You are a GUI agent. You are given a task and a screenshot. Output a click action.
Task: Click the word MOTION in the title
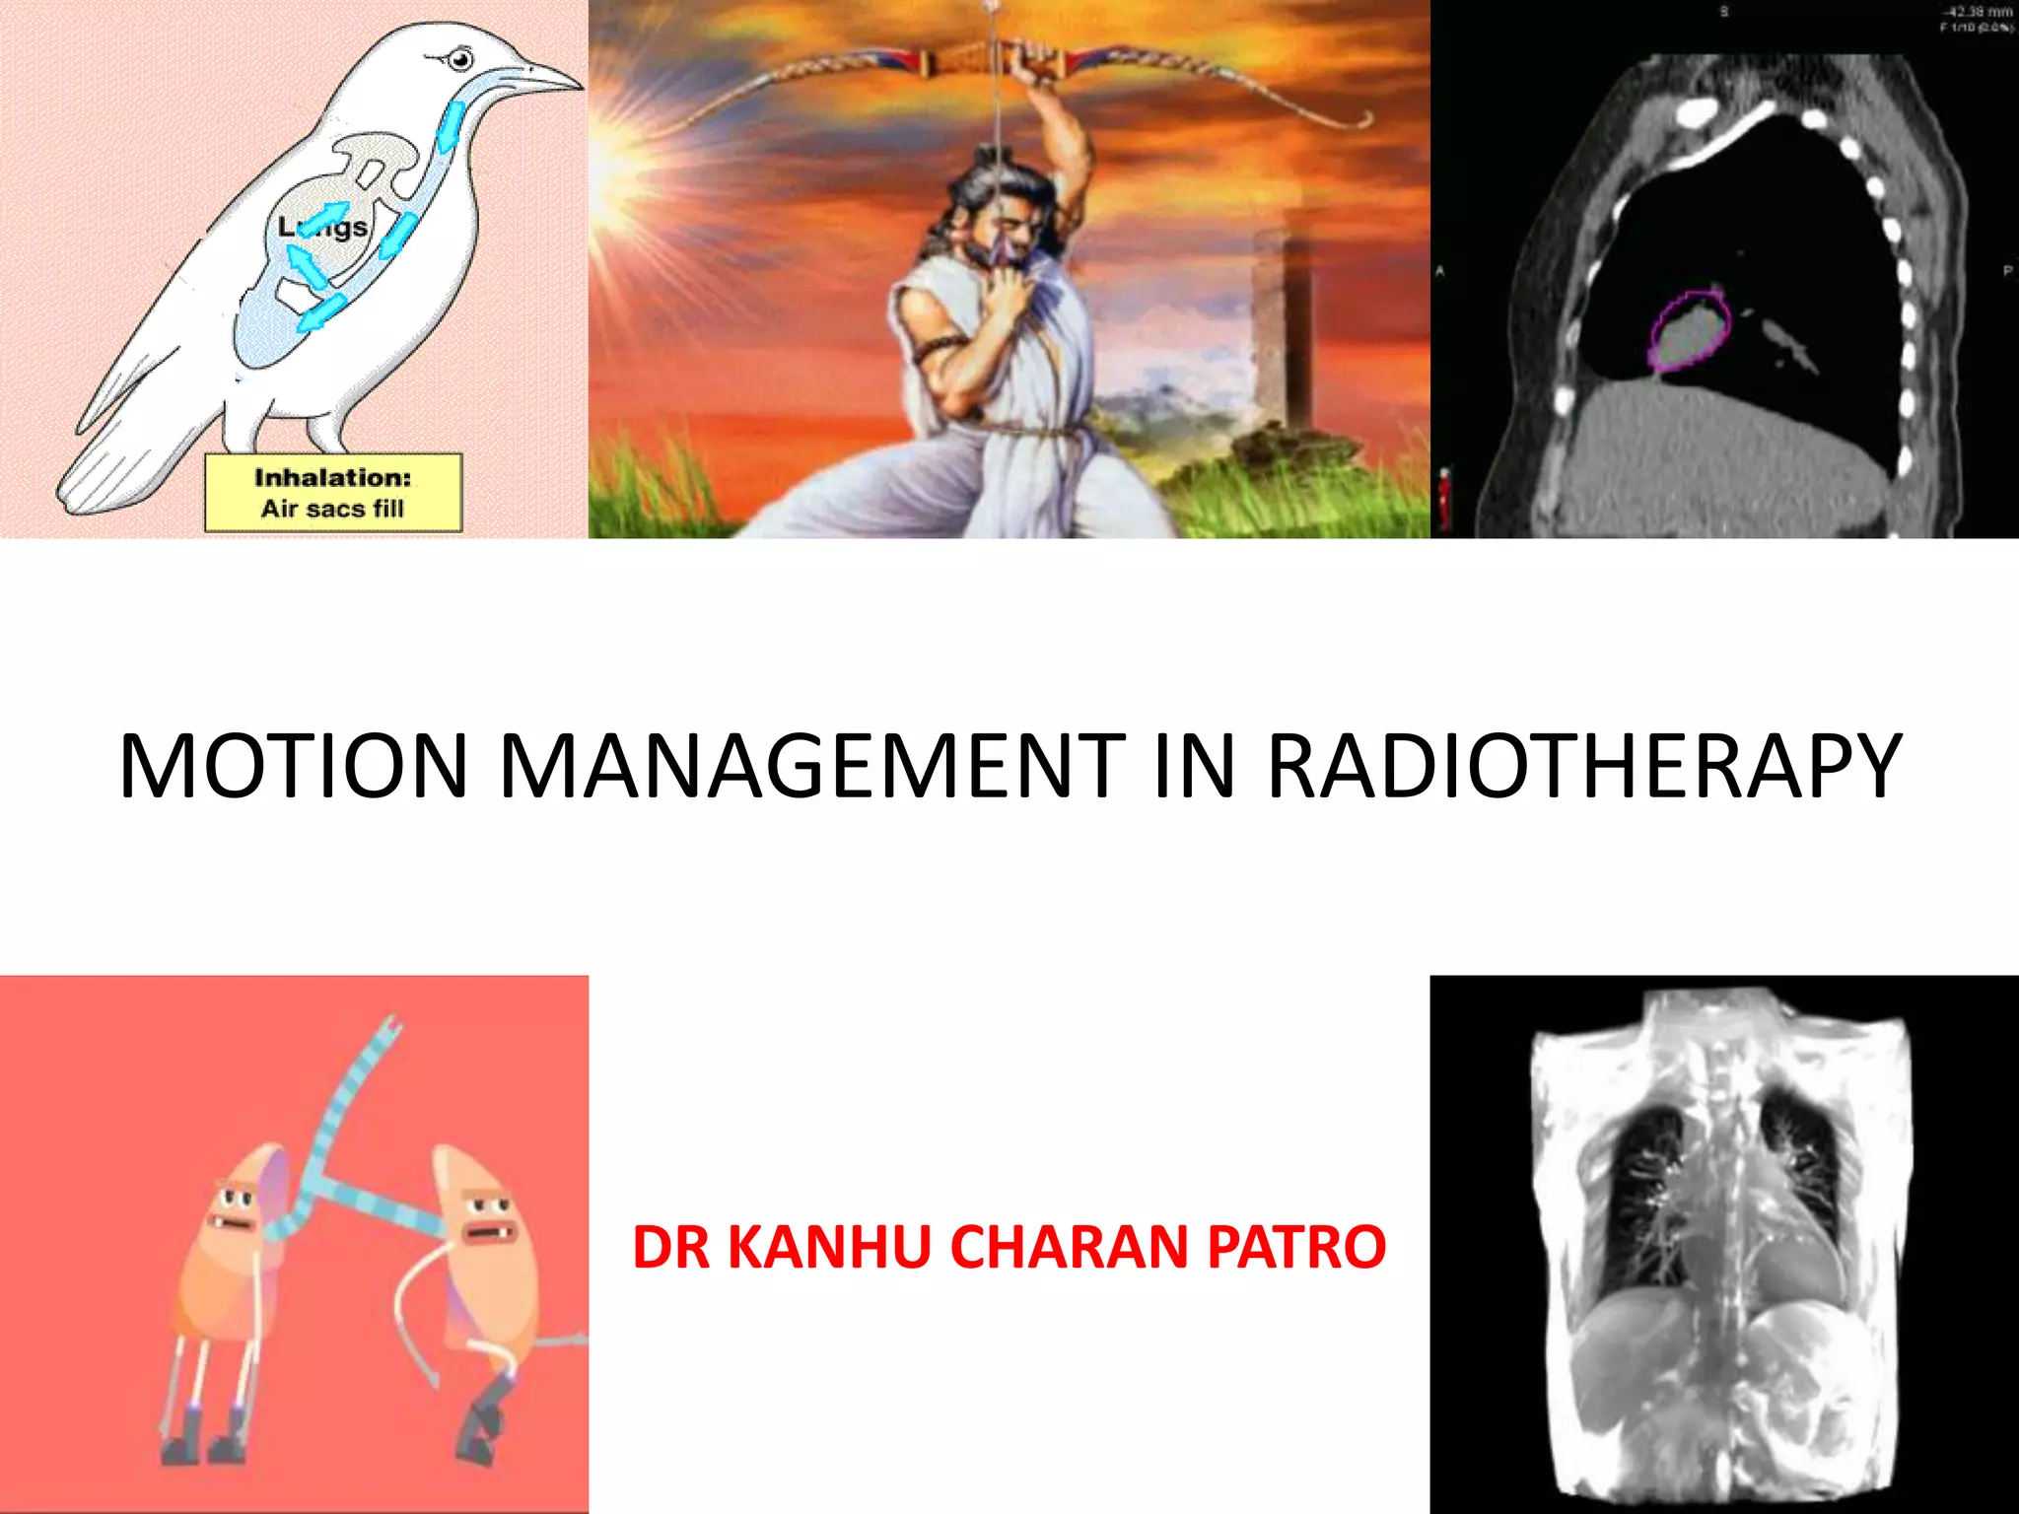tap(293, 766)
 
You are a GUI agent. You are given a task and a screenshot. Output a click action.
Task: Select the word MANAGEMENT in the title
tap(812, 766)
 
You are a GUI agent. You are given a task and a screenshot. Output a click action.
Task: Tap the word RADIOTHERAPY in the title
tap(1583, 766)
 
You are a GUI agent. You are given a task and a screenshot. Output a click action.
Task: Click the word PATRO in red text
tap(1296, 1247)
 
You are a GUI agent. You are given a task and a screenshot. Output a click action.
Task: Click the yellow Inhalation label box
tap(333, 493)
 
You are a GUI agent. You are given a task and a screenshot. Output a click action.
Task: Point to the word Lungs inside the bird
tap(323, 229)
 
